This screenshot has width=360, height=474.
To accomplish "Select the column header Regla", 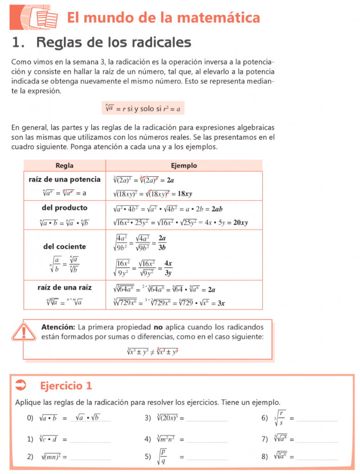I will point(64,166).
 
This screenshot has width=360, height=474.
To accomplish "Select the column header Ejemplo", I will point(184,166).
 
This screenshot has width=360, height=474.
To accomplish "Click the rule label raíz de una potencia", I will point(64,180).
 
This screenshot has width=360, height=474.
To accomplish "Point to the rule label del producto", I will point(64,208).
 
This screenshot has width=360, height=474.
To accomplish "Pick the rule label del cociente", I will point(64,247).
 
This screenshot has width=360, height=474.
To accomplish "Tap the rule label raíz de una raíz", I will point(64,287).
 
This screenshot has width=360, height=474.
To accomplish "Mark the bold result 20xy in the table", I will point(240,223).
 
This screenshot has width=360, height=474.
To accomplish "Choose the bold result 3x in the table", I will point(221,304).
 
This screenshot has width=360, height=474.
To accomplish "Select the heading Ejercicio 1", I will point(66,386).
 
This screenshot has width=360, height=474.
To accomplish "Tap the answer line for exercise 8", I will point(317,458).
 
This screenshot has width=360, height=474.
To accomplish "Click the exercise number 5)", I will point(148,457).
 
